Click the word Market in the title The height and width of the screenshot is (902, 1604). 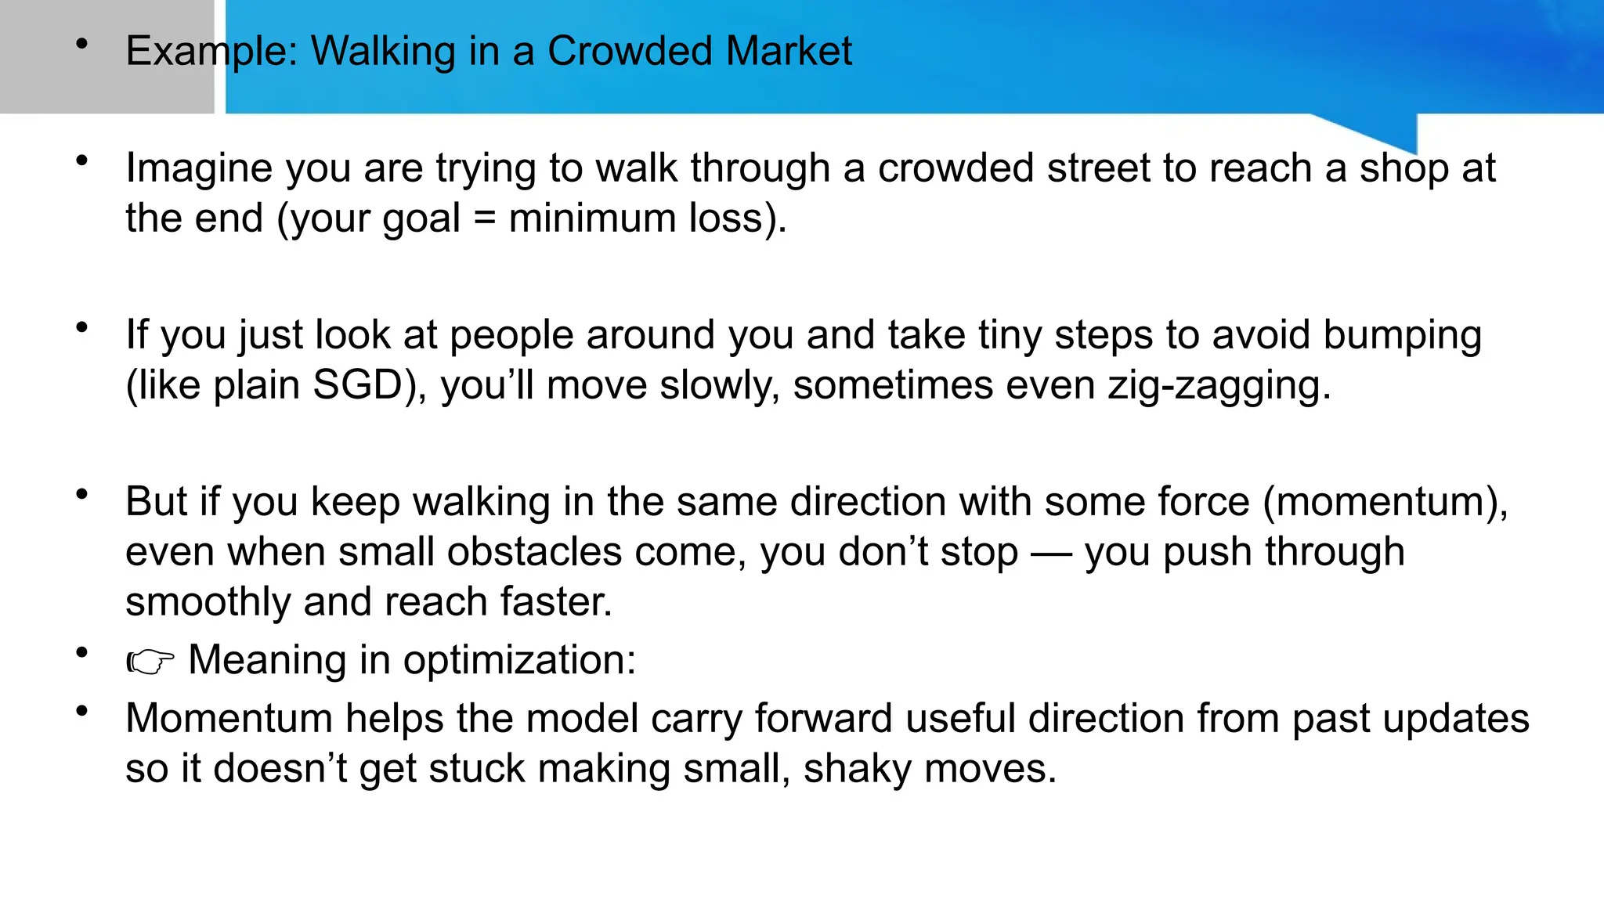[788, 52]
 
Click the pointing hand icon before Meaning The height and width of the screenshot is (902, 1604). [150, 662]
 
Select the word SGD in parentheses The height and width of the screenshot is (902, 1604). [357, 385]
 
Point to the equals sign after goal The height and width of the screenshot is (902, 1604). [485, 219]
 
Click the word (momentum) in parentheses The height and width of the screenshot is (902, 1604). [1384, 501]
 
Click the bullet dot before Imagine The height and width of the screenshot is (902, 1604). [81, 161]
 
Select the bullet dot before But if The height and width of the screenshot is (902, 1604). [81, 494]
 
